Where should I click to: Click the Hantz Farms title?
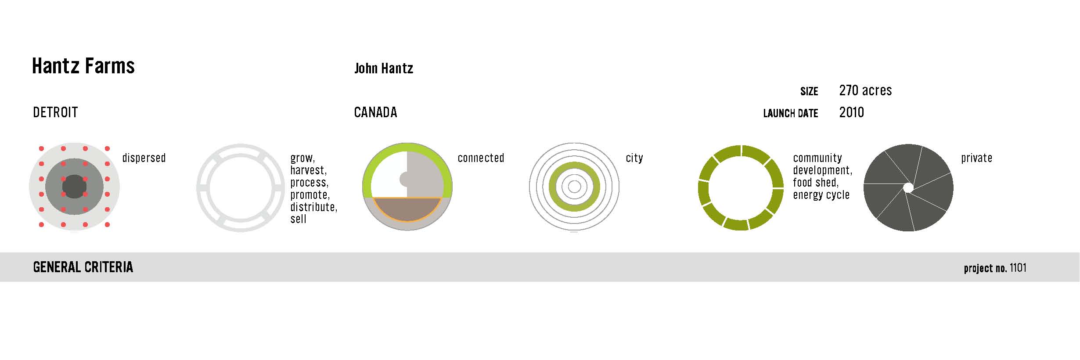pyautogui.click(x=83, y=66)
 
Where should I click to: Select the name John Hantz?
pyautogui.click(x=384, y=68)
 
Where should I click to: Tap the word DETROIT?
pyautogui.click(x=55, y=112)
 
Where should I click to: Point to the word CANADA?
pyautogui.click(x=375, y=112)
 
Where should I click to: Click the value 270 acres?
pyautogui.click(x=865, y=90)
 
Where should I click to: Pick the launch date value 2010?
pyautogui.click(x=851, y=112)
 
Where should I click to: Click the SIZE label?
pyautogui.click(x=809, y=91)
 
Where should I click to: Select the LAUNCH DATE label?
pyautogui.click(x=791, y=113)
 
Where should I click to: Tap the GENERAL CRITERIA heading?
pyautogui.click(x=83, y=267)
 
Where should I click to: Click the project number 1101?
pyautogui.click(x=1018, y=268)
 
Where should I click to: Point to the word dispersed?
pyautogui.click(x=144, y=158)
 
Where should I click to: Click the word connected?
pyautogui.click(x=481, y=158)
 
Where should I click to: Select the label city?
pyautogui.click(x=634, y=158)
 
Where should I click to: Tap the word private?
pyautogui.click(x=976, y=158)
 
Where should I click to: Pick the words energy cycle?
pyautogui.click(x=821, y=195)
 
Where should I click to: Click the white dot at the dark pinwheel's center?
pyautogui.click(x=908, y=188)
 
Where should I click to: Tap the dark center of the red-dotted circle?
pyautogui.click(x=74, y=187)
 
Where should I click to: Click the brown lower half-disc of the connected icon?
pyautogui.click(x=407, y=209)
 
